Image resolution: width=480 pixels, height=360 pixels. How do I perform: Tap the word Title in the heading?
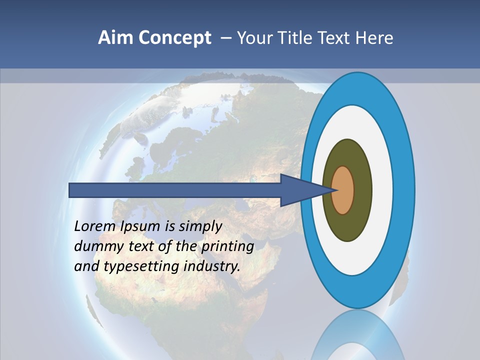298,38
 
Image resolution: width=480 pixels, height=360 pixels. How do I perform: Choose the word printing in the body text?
227,247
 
